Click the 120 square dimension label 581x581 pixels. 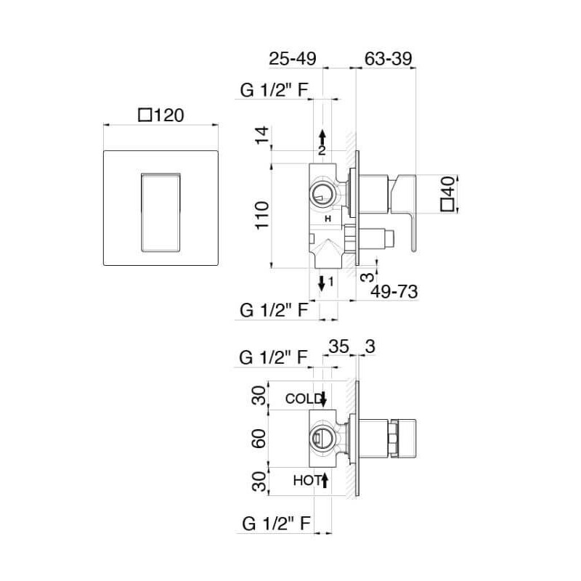[x=161, y=115]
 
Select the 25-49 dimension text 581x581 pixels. [x=293, y=59]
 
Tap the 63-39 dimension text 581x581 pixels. [x=389, y=59]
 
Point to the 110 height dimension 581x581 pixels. [x=262, y=215]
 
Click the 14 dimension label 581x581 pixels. [x=262, y=135]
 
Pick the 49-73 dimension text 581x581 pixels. [x=394, y=292]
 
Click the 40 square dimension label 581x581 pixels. [x=447, y=194]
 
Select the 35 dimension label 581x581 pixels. [x=339, y=346]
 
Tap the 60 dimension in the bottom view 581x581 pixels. [x=259, y=439]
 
